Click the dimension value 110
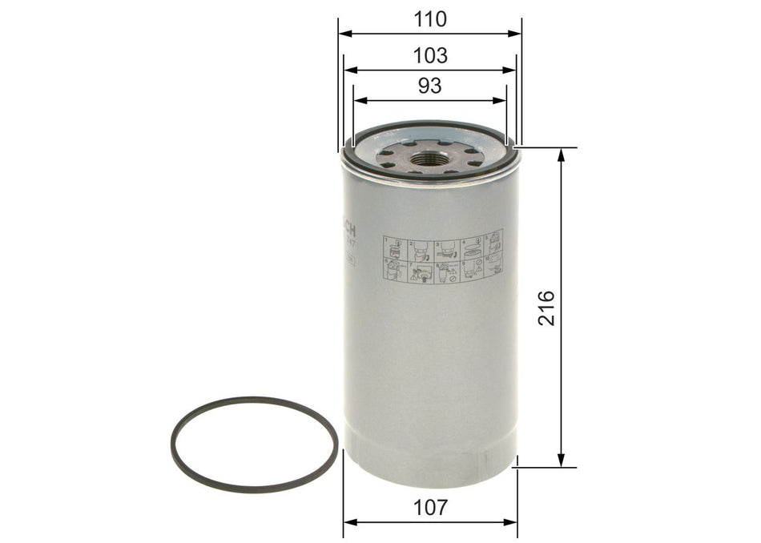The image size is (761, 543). point(430,18)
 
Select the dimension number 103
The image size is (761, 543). point(430,55)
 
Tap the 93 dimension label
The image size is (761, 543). point(430,86)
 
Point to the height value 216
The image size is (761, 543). point(546,308)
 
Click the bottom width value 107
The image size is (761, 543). point(431,507)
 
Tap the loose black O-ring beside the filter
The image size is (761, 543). point(254,444)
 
